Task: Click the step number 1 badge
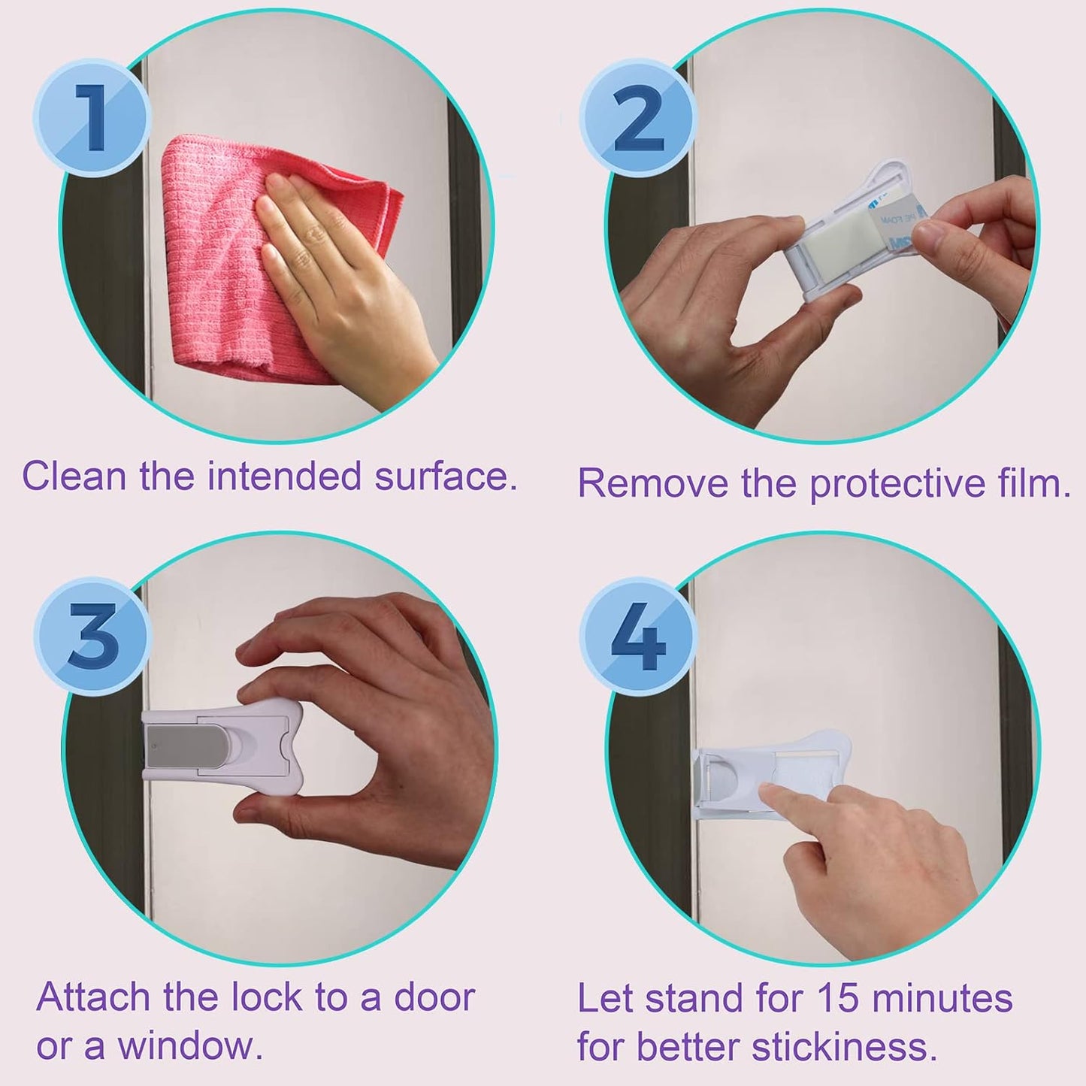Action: click(x=92, y=119)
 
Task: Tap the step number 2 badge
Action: click(x=638, y=119)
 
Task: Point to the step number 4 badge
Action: click(x=638, y=640)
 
